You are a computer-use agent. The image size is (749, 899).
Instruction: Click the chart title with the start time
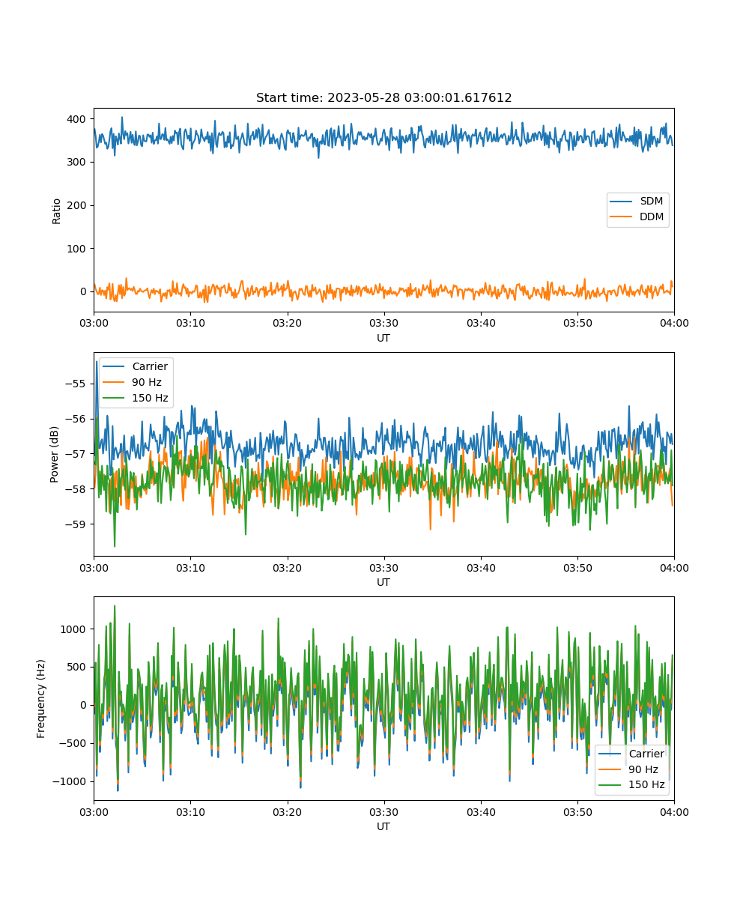click(383, 97)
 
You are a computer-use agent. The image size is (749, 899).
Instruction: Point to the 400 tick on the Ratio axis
click(76, 119)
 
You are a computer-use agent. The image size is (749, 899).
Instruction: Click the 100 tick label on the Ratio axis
click(76, 249)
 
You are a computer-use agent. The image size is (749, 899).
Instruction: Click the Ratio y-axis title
click(56, 211)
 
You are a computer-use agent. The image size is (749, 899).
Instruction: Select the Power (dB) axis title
click(54, 454)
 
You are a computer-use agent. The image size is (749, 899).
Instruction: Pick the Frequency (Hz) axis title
click(40, 699)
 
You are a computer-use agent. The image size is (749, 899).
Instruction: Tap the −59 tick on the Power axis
click(75, 524)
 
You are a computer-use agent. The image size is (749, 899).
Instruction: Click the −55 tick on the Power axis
click(75, 384)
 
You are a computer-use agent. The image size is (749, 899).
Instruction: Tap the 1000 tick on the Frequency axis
click(73, 629)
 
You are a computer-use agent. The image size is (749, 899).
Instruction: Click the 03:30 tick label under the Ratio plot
click(384, 323)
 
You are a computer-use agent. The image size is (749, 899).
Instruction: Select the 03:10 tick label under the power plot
click(190, 568)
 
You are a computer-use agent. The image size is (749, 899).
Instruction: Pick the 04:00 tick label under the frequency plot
click(674, 812)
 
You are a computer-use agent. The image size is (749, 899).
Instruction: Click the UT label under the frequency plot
click(383, 826)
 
